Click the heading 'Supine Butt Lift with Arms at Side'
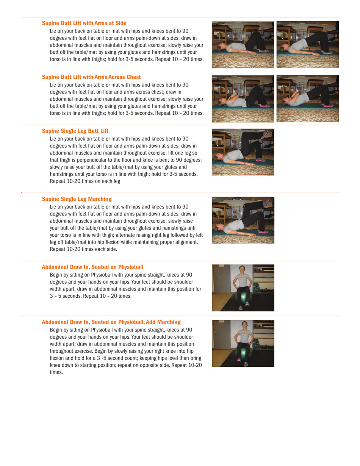pyautogui.click(x=84, y=23)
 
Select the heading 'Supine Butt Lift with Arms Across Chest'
pyautogui.click(x=91, y=77)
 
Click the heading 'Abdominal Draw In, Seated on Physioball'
pyautogui.click(x=92, y=267)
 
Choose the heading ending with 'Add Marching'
pyautogui.click(x=111, y=322)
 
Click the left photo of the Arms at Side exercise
pyautogui.click(x=243, y=44)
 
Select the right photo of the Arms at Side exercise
pyautogui.click(x=307, y=44)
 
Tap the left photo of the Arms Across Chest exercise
pyautogui.click(x=243, y=99)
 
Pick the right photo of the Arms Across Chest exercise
pyautogui.click(x=307, y=99)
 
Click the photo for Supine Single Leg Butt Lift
pyautogui.click(x=243, y=152)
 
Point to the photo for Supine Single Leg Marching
pyautogui.click(x=243, y=220)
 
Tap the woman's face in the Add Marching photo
pyautogui.click(x=243, y=326)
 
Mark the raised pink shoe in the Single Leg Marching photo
pyautogui.click(x=268, y=202)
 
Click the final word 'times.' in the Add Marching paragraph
pyautogui.click(x=56, y=372)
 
